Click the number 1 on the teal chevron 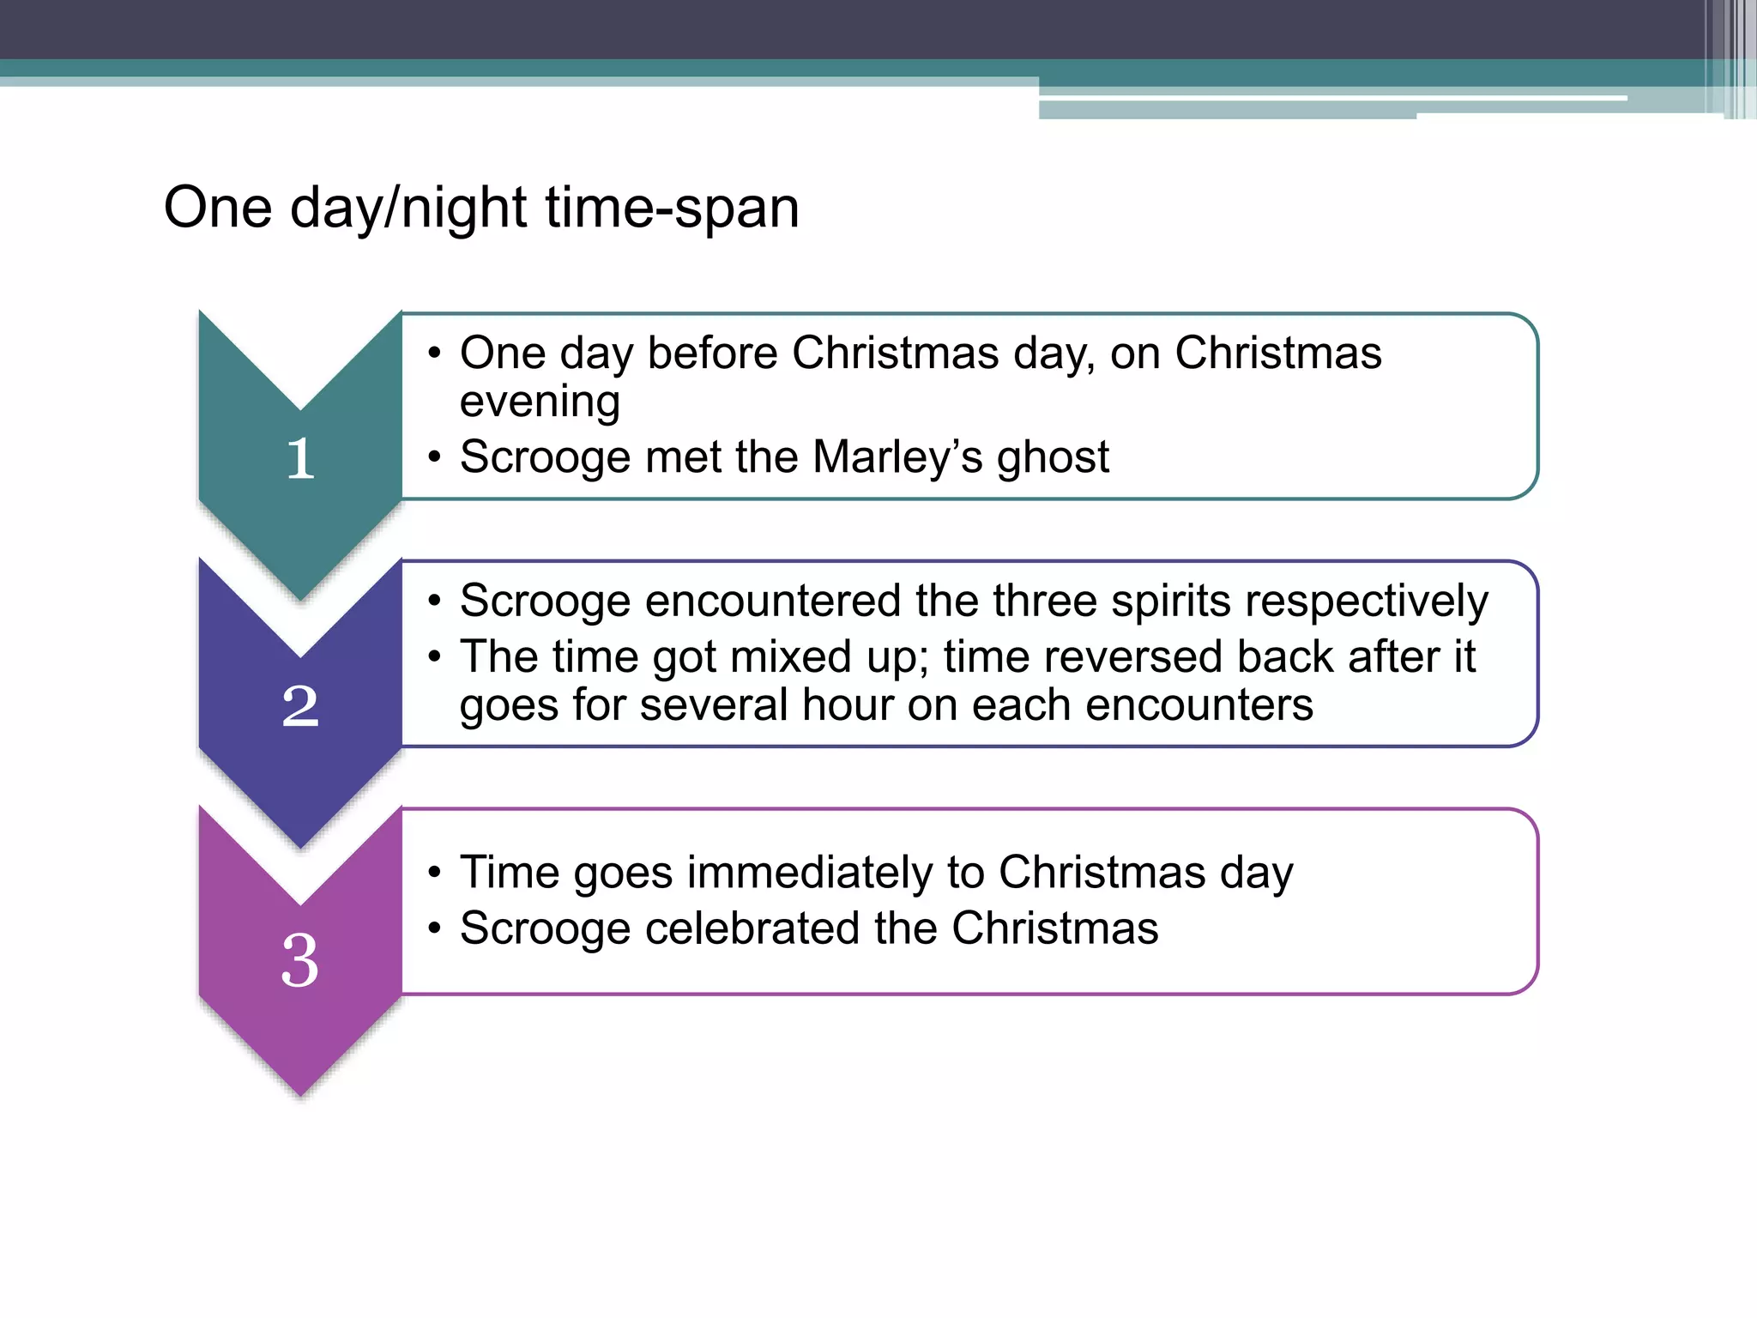coord(300,458)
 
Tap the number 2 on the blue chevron coord(300,706)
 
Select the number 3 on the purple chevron coord(300,959)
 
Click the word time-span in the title coord(672,209)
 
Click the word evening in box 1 coord(540,402)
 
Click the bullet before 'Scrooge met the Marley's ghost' coord(435,457)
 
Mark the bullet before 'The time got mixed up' coord(435,657)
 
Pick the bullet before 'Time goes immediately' coord(435,873)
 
